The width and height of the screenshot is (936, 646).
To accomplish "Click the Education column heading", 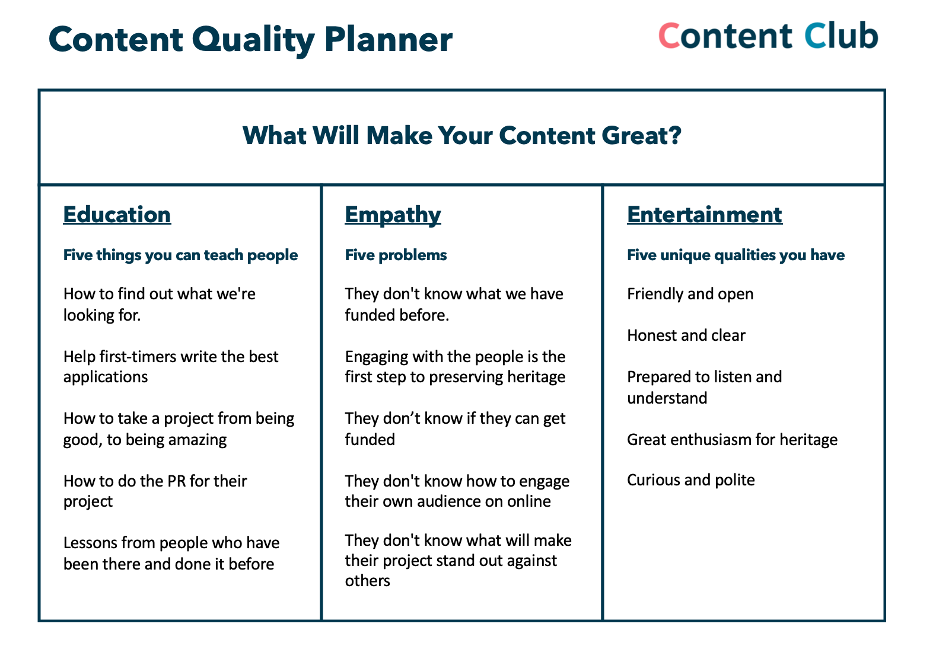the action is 117,215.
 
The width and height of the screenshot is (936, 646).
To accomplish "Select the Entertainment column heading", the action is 705,215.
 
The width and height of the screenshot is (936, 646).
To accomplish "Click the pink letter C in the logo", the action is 669,36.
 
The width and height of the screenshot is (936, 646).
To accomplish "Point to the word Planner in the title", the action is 389,40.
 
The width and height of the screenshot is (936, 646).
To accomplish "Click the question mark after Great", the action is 674,135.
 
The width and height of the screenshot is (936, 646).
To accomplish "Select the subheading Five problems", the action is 396,255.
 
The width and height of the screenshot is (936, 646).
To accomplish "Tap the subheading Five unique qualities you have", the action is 736,255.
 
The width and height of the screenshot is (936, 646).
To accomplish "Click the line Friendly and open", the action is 690,295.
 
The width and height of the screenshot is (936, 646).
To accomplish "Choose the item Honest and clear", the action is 686,335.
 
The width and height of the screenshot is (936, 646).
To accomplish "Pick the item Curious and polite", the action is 691,481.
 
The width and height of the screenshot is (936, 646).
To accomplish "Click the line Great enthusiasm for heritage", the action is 733,440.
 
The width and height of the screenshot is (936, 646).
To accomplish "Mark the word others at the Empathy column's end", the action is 367,581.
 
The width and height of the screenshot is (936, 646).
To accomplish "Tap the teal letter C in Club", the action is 815,36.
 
